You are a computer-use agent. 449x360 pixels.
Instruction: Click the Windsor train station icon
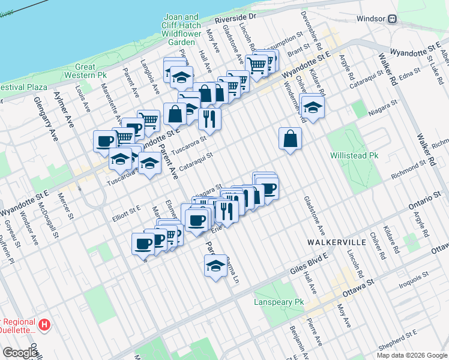[393, 19]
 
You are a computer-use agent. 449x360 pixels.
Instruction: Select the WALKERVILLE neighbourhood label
[336, 242]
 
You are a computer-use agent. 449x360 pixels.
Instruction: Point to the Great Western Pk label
[91, 71]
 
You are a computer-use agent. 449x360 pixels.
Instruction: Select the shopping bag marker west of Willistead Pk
[290, 139]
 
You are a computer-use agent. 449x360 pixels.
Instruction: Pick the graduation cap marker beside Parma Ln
[215, 266]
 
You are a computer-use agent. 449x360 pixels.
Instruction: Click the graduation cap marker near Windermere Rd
[312, 107]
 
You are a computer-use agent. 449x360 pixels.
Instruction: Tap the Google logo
[20, 352]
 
